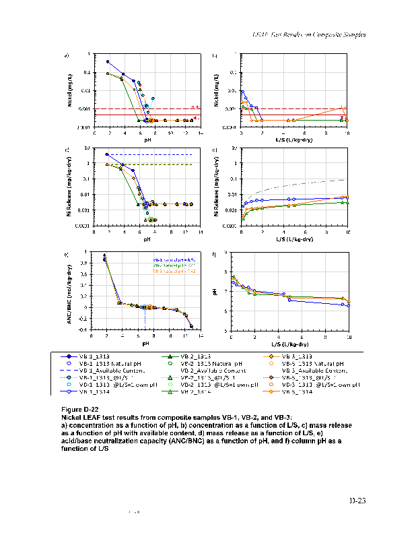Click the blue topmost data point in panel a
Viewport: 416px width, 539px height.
tap(108, 61)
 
